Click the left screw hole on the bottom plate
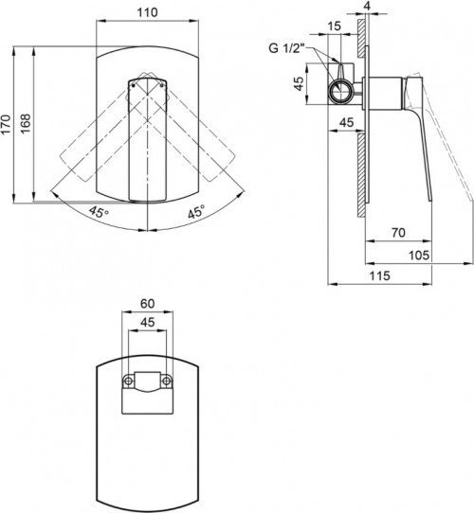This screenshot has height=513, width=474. pos(126,382)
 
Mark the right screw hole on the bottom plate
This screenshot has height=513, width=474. pos(167,382)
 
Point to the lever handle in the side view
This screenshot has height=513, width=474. pos(423,142)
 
